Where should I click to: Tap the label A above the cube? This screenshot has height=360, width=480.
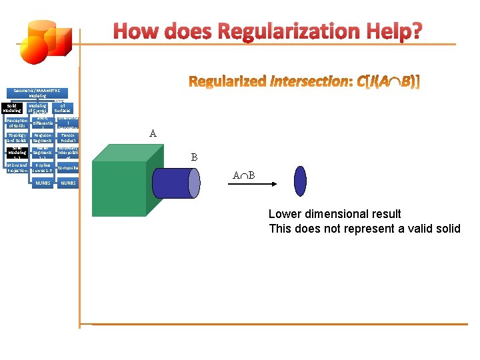(x=153, y=134)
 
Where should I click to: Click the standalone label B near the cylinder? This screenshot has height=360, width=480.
(x=194, y=158)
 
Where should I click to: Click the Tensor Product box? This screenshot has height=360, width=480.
(x=68, y=138)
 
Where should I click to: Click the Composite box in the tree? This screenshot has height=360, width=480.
(x=68, y=168)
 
